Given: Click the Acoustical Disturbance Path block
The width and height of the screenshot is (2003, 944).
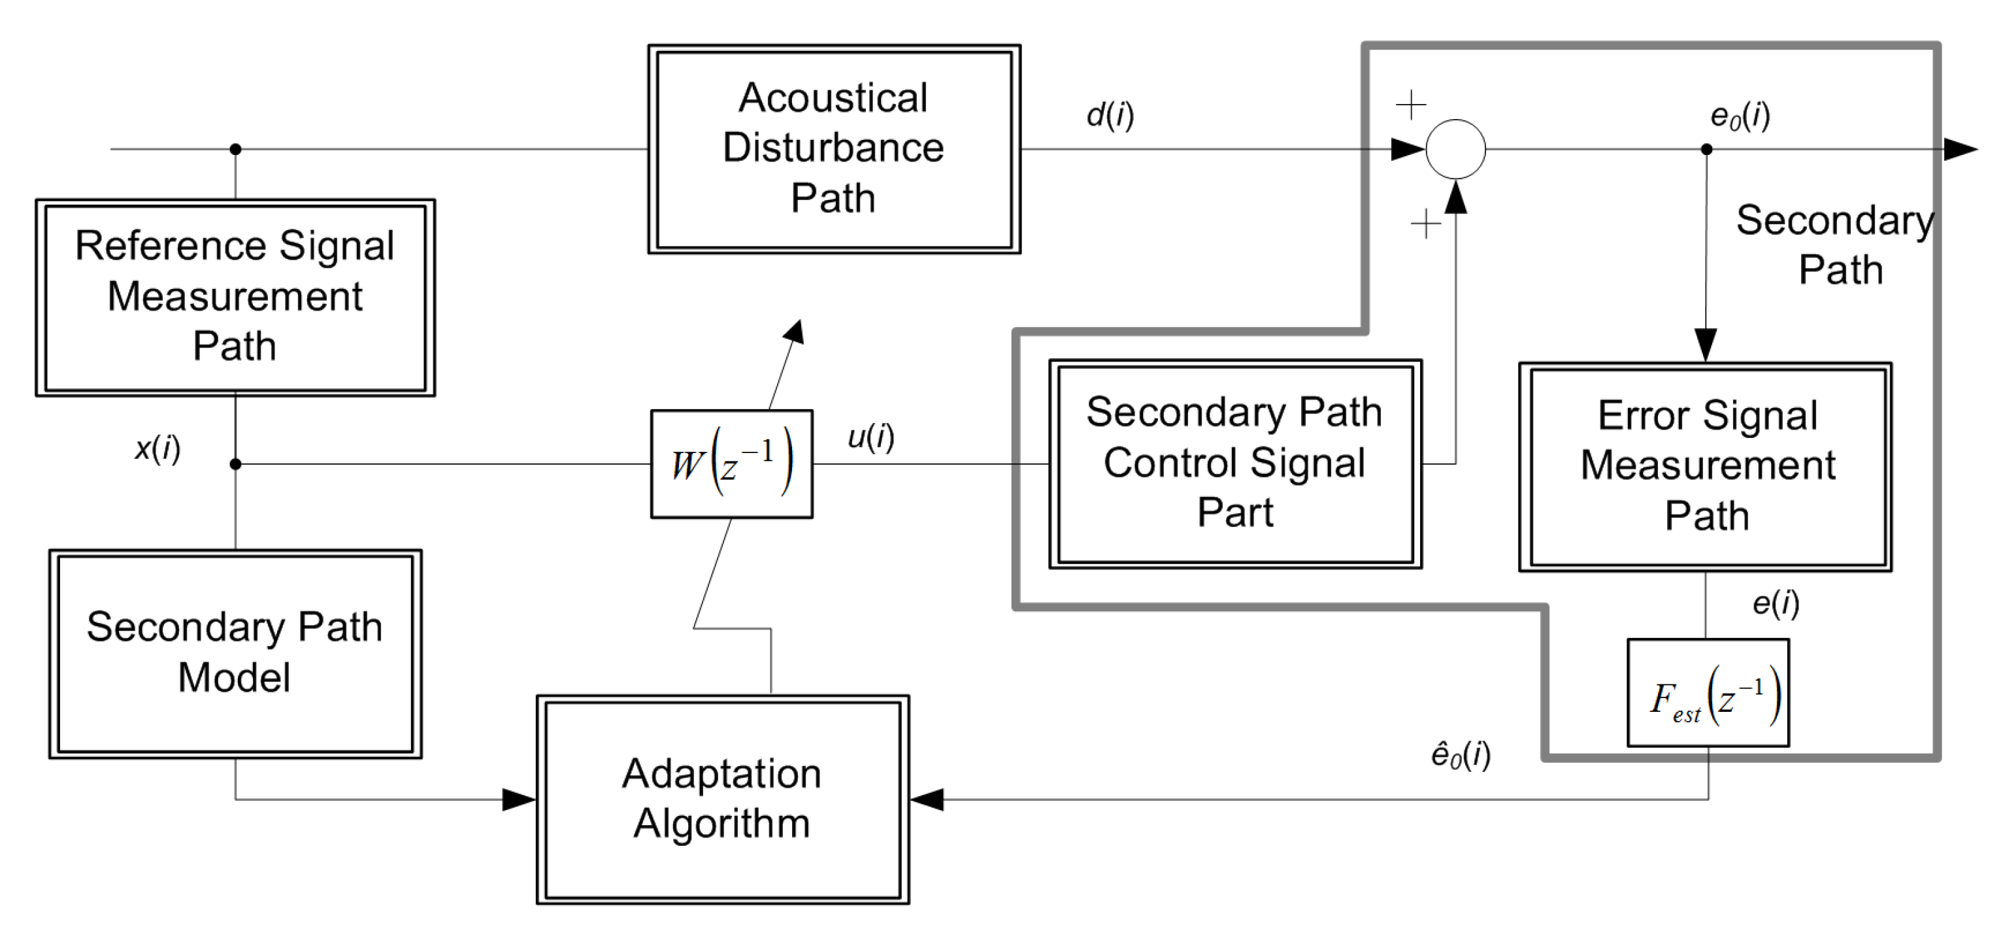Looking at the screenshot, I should pos(833,148).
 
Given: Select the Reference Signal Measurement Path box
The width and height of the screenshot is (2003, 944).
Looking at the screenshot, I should pos(235,297).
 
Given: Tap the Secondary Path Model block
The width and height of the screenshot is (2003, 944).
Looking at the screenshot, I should pos(235,653).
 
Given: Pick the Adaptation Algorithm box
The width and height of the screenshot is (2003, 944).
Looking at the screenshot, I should pos(722,799).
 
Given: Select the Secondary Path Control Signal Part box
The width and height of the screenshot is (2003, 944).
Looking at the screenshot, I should pos(1234,464).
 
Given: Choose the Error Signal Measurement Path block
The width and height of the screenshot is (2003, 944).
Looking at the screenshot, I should pos(1705,467).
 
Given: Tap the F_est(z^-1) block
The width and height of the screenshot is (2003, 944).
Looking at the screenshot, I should pos(1708,693).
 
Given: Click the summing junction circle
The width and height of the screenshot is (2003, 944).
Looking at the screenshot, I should pos(1455,149).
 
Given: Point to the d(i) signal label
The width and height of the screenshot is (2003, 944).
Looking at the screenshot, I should pos(1110,115).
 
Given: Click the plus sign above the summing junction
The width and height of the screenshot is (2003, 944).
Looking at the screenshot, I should pos(1410,104).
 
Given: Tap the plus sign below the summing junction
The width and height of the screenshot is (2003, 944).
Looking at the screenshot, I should pos(1425,225).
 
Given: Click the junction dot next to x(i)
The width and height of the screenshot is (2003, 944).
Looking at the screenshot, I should pos(236,464).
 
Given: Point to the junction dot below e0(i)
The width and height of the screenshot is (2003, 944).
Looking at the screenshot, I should pos(1706,149).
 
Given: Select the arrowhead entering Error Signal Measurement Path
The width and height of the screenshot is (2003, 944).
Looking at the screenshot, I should pos(1705,345).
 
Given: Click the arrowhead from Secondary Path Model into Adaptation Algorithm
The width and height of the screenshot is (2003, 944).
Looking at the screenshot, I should pos(519,799).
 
